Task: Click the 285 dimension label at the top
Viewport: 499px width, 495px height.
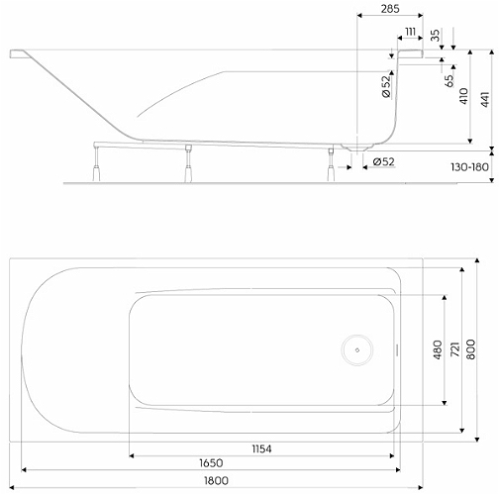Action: (390, 9)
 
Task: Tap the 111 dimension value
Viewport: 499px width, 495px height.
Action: (410, 32)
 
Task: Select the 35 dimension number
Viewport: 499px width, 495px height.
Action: (436, 36)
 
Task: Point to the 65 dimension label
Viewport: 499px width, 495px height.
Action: (449, 81)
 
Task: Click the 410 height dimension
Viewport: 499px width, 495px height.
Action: (463, 96)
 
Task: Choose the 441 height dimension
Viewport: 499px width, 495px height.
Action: (485, 99)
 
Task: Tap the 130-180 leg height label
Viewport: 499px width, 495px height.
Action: (469, 167)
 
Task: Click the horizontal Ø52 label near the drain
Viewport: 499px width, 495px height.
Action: (383, 161)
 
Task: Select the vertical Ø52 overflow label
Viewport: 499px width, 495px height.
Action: (386, 87)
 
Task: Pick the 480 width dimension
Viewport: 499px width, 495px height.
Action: (438, 349)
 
